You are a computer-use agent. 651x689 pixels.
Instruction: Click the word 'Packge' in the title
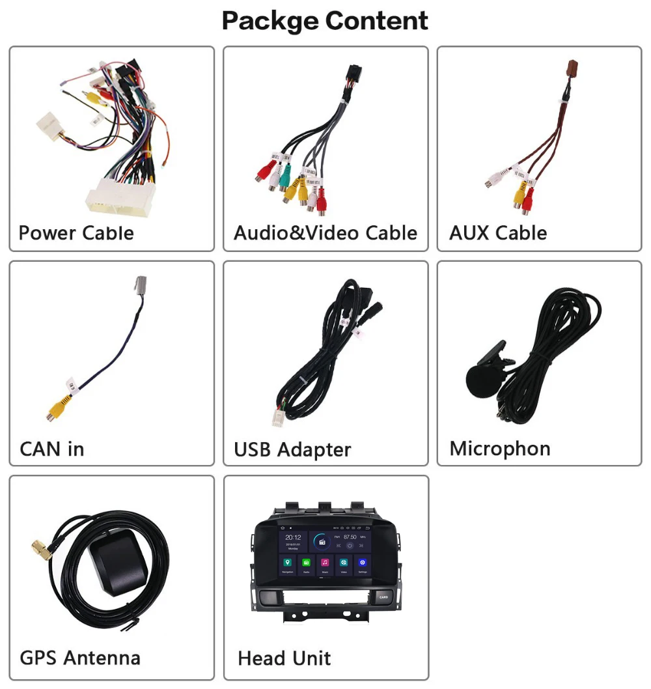(x=269, y=21)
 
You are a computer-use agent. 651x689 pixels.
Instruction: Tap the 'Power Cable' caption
(x=76, y=233)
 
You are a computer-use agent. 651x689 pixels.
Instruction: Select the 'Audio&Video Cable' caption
(x=325, y=233)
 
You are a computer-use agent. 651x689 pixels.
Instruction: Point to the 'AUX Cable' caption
(x=498, y=233)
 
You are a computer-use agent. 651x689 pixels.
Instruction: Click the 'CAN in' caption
(x=51, y=449)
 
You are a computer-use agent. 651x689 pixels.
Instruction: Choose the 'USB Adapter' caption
(x=292, y=449)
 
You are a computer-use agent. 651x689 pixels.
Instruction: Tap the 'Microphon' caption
(x=499, y=449)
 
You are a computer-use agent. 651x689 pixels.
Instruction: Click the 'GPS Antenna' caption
(x=79, y=658)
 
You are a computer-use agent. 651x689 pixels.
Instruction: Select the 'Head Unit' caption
(x=284, y=658)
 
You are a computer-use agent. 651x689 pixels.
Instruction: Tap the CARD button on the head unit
(x=383, y=596)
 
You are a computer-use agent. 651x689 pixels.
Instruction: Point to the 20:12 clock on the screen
(x=293, y=538)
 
